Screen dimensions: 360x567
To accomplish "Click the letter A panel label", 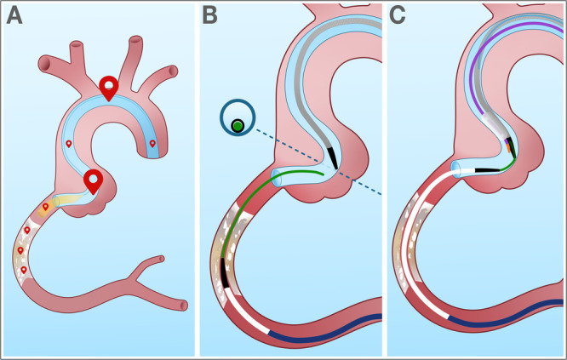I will tap(15, 16).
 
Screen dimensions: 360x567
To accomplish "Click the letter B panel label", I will tap(209, 16).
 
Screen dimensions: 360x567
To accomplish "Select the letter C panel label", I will tap(398, 16).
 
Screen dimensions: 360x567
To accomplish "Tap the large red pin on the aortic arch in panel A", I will tap(109, 87).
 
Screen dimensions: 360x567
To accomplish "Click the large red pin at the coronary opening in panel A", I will tap(94, 180).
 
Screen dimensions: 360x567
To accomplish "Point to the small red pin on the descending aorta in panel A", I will tap(152, 144).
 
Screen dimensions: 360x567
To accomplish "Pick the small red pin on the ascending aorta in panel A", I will tap(69, 144).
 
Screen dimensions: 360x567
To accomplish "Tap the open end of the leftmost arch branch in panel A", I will tap(76, 43).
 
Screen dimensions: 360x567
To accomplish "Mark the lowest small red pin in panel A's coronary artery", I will tap(23, 270).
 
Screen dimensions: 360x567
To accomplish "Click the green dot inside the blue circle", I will tap(237, 126).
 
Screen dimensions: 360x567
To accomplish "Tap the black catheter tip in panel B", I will tap(334, 157).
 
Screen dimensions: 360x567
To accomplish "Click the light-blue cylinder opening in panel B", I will tap(277, 178).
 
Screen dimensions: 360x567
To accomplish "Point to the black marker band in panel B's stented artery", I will tap(224, 272).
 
